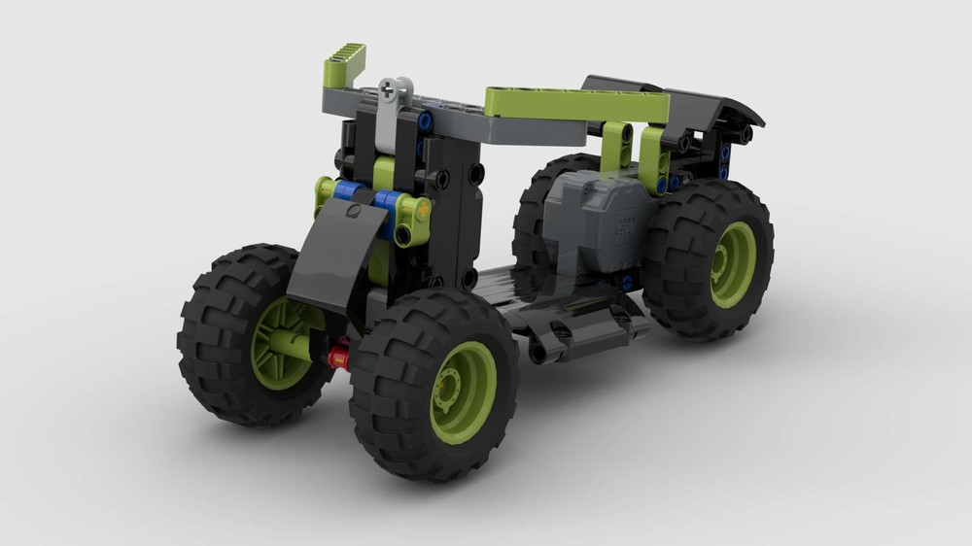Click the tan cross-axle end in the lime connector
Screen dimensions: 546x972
point(422,207)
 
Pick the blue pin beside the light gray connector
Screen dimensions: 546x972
point(425,120)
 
